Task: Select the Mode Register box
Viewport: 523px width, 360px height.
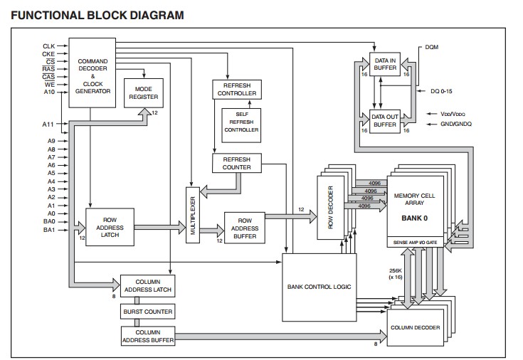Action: click(x=144, y=92)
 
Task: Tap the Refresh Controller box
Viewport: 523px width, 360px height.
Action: click(x=236, y=89)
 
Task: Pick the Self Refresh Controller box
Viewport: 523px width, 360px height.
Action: click(x=241, y=125)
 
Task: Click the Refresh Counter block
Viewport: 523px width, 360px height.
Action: click(x=236, y=163)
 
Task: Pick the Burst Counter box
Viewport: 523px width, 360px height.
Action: click(x=148, y=312)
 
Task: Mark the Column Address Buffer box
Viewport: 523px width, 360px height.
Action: click(x=148, y=336)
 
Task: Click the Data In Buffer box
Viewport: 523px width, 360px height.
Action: click(x=385, y=64)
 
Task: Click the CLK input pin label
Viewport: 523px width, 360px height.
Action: click(x=48, y=46)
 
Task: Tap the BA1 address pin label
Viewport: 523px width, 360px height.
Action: click(x=48, y=230)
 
